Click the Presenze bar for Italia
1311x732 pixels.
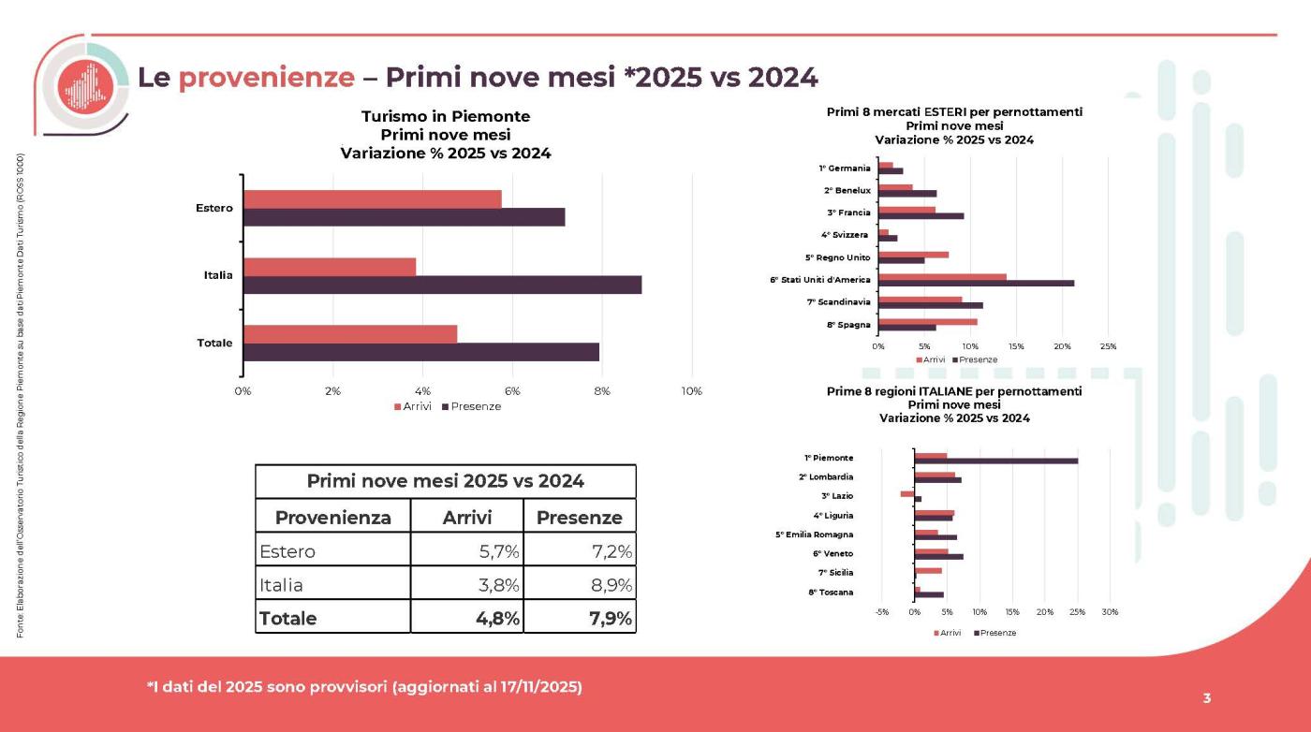click(442, 285)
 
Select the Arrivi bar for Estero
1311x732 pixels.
click(373, 199)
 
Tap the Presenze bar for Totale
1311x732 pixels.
click(420, 352)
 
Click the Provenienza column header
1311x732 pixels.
click(332, 518)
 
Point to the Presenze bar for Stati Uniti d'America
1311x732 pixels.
click(976, 284)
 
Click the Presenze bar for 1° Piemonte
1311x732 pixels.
click(996, 461)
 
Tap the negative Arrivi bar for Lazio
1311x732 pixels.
click(907, 493)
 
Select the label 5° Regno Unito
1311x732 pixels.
click(837, 257)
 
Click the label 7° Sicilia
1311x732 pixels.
click(835, 572)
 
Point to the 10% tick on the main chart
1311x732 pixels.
click(691, 390)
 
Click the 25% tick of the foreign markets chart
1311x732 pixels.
click(1107, 346)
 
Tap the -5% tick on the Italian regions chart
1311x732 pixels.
click(882, 612)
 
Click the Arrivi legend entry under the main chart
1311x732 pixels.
click(413, 406)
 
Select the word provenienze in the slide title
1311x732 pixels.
click(266, 78)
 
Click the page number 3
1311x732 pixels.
click(1207, 697)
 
